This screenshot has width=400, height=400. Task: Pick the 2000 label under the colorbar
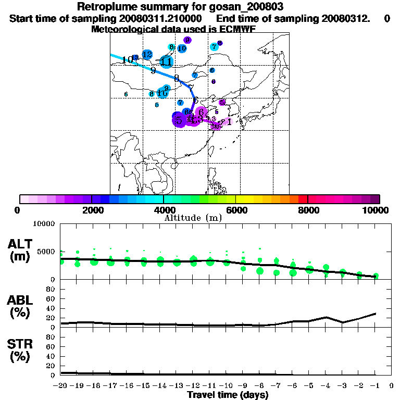[92, 210]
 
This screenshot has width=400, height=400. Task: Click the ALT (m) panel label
[20, 250]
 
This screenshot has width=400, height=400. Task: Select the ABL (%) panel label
[20, 307]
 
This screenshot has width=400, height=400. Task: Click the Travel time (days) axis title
[228, 395]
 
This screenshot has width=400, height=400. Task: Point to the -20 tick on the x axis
[60, 386]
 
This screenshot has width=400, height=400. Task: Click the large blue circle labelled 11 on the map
[166, 62]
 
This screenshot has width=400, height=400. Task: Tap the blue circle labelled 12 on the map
[147, 55]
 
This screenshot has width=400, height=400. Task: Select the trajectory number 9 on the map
[153, 70]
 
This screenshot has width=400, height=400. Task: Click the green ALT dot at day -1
[376, 276]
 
